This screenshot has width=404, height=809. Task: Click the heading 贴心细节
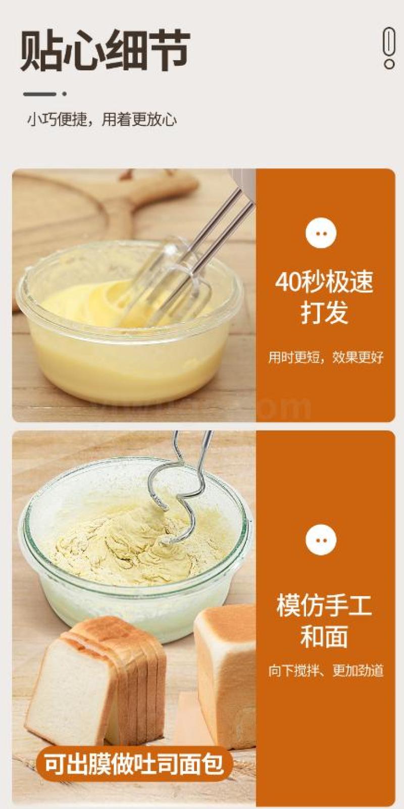point(105,50)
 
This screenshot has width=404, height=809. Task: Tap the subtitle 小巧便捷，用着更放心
point(102,119)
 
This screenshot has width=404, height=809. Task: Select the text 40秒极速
point(324,282)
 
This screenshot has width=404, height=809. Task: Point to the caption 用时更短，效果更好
point(326,357)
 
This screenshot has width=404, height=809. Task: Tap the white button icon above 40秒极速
point(321,233)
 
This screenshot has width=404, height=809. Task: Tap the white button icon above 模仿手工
point(321,540)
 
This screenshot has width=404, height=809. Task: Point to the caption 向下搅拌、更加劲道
point(326,670)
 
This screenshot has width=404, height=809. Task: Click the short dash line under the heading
point(40,94)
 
